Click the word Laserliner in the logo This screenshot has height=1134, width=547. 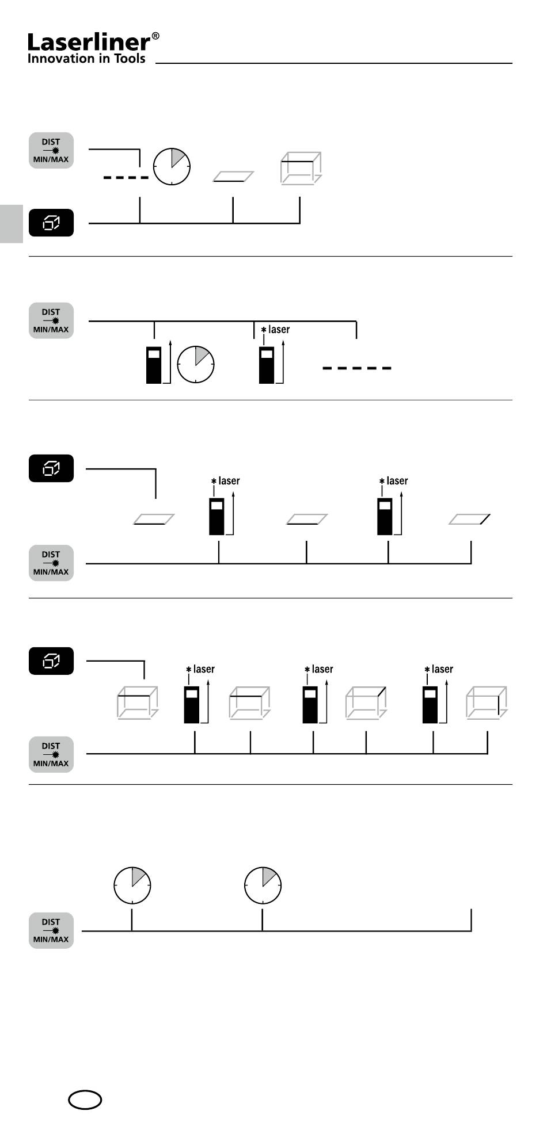tap(89, 42)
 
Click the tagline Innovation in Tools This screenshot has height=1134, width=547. tap(86, 58)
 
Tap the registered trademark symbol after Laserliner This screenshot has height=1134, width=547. tap(155, 37)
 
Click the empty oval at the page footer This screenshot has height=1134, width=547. tap(85, 1099)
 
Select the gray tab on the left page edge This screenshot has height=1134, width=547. tap(11, 224)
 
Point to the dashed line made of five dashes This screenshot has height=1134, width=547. tap(357, 368)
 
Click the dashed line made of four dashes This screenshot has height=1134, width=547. tap(126, 178)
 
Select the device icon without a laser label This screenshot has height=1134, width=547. tap(154, 365)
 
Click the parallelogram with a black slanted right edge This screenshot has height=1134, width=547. tap(470, 519)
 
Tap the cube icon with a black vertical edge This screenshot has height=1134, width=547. tap(487, 702)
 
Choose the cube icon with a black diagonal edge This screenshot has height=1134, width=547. tap(366, 702)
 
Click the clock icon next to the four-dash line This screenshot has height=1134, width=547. tap(172, 167)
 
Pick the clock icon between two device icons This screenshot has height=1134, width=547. tap(196, 365)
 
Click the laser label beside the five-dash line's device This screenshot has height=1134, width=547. tap(279, 330)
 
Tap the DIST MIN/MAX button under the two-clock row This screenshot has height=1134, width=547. tap(51, 930)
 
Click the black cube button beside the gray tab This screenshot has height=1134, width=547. tap(51, 223)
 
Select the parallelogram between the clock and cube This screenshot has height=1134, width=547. tap(233, 176)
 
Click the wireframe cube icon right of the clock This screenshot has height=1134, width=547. tap(301, 168)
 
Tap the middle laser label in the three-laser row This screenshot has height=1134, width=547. tap(322, 669)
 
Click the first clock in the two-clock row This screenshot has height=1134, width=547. tap(132, 885)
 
